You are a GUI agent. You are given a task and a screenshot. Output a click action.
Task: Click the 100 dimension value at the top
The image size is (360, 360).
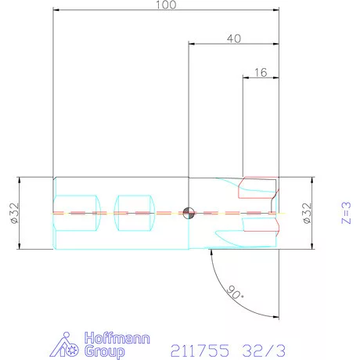tap(166, 5)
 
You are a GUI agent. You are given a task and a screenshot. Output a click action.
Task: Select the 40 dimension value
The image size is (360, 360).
tap(234, 39)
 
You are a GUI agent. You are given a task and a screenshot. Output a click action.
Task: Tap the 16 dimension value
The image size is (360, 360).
tap(261, 73)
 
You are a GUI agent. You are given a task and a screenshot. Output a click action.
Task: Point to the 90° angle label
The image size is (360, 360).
tap(235, 293)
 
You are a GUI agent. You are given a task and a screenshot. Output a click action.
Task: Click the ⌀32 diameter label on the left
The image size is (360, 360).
tap(15, 213)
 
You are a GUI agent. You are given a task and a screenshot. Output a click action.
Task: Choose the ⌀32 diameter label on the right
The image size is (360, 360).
tap(307, 213)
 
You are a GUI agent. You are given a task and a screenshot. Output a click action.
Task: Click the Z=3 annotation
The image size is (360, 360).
tap(346, 213)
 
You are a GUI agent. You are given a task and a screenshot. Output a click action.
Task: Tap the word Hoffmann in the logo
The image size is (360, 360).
tap(117, 338)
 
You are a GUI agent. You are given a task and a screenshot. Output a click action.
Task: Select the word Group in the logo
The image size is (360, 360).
tap(105, 351)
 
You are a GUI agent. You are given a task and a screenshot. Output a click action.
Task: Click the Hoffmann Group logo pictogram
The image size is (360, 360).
tap(64, 344)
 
